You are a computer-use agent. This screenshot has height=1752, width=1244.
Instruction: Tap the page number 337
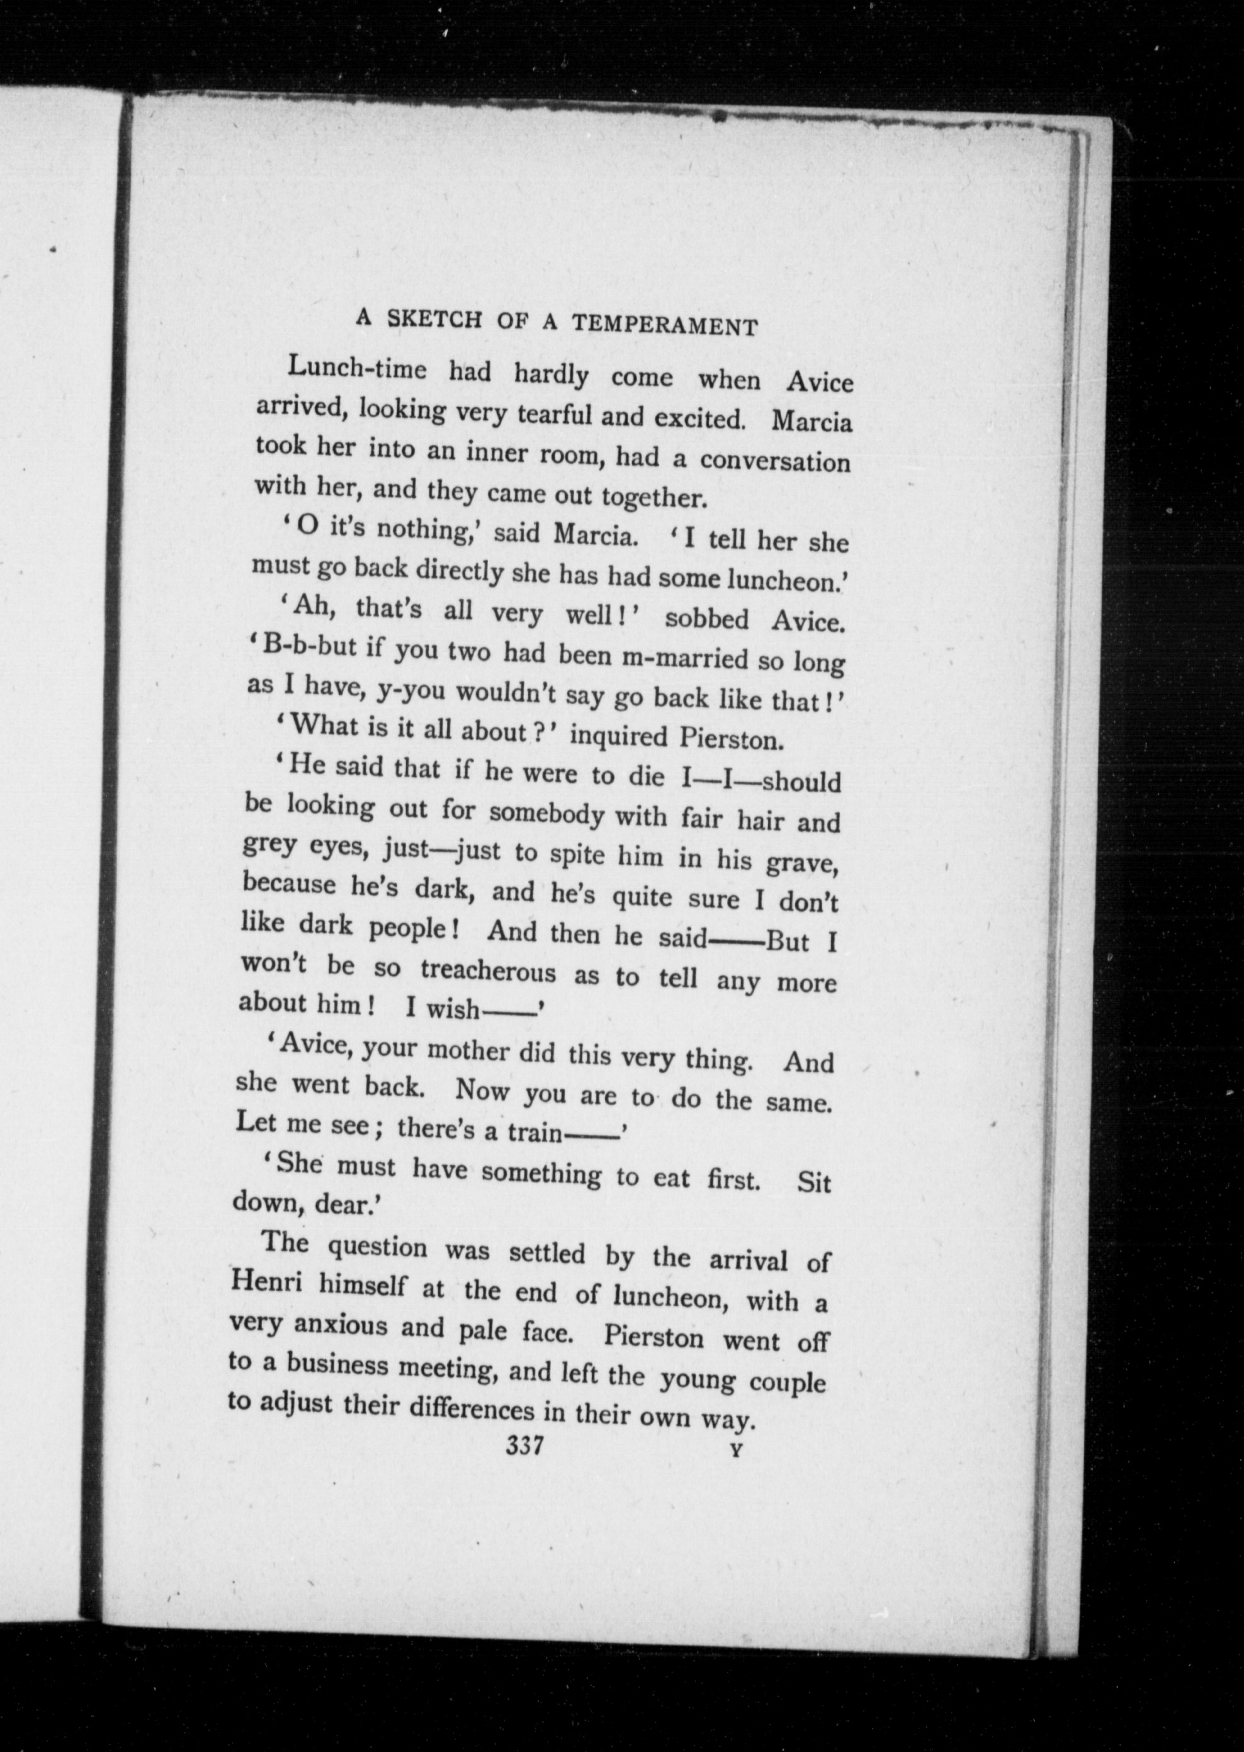[x=524, y=1446]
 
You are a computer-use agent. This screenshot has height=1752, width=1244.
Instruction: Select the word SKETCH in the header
[x=435, y=318]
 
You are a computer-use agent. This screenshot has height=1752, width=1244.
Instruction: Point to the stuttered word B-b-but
[x=310, y=648]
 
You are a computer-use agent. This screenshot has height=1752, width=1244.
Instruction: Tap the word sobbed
[x=707, y=618]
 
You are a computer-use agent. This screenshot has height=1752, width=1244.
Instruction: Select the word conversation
[x=774, y=461]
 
